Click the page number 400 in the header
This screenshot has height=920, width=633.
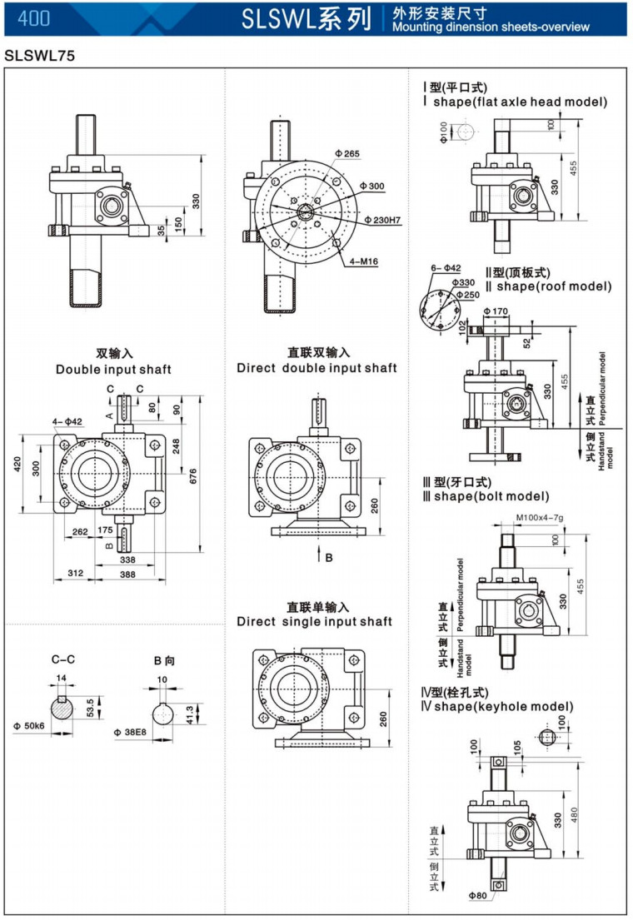tap(33, 18)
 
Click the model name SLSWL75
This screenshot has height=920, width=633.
tap(39, 57)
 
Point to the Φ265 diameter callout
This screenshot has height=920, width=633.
tap(347, 154)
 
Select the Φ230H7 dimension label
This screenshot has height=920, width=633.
tap(383, 220)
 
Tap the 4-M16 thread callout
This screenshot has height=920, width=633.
tap(364, 261)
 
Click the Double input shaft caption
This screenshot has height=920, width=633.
tap(113, 369)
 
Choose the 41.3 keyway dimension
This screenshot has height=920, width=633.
tap(189, 714)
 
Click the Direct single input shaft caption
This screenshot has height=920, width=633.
tap(314, 621)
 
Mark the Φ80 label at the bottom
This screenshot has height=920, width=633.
tap(477, 895)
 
